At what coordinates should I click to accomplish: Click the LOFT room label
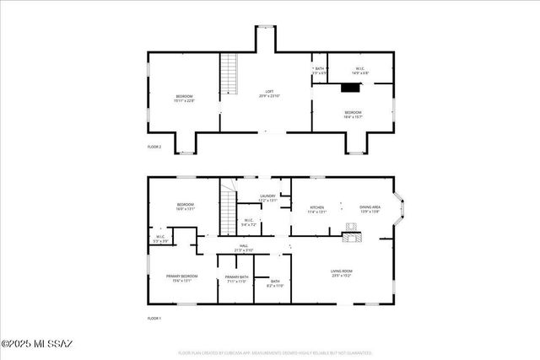[x=270, y=94]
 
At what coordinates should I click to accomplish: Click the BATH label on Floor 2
[x=320, y=71]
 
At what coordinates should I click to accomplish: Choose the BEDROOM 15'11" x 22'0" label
[x=185, y=98]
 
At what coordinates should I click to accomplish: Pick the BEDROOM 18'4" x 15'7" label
[x=352, y=114]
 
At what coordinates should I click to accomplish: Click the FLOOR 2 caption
[x=154, y=147]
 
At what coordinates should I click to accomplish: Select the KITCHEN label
[x=317, y=209]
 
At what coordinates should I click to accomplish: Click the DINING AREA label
[x=370, y=209]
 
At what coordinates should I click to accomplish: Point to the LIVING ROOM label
[x=342, y=272]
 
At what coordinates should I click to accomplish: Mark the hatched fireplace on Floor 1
[x=352, y=237]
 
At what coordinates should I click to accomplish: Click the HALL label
[x=244, y=248]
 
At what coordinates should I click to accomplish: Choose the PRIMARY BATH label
[x=237, y=279]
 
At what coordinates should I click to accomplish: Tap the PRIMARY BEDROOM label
[x=181, y=278]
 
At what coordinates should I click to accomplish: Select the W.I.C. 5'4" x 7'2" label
[x=249, y=223]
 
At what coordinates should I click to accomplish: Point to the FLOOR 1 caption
[x=154, y=318]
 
